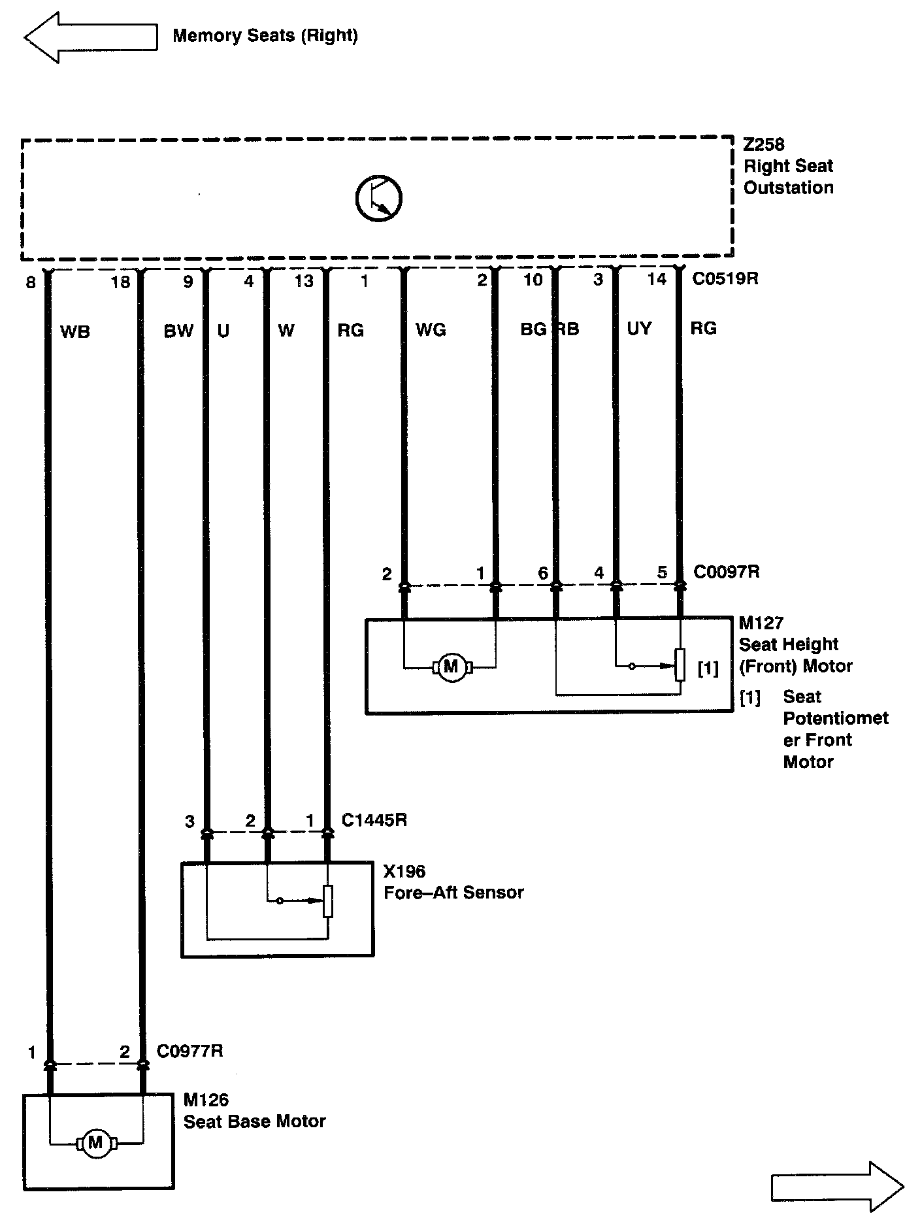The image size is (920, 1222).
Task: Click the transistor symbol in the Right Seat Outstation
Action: coord(378,197)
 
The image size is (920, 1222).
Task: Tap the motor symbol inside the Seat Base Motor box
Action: coord(95,1143)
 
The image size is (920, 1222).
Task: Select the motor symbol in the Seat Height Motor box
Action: coord(451,667)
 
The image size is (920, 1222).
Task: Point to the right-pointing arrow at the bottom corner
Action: coord(837,1186)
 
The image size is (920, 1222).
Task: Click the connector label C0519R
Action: coord(725,279)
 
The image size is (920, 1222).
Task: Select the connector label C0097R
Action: coord(726,572)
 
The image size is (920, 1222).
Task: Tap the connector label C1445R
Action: coord(374,820)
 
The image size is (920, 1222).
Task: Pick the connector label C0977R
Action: coord(189,1051)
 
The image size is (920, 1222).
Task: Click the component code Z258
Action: coord(763,144)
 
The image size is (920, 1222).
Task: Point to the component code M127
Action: coord(761,623)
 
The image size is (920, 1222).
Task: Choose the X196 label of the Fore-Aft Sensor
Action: coord(404,871)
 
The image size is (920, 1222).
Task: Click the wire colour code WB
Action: coord(74,332)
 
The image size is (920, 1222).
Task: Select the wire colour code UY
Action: coord(638,329)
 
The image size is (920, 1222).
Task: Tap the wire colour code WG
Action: coord(431,330)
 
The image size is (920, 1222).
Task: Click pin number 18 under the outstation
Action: coord(120,282)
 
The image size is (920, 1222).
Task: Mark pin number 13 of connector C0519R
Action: coord(304,281)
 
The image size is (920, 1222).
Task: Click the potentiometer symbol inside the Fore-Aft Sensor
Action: coord(328,901)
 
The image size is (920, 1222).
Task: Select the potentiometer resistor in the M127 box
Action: coord(680,665)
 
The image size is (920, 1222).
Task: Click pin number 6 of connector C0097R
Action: coord(542,573)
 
